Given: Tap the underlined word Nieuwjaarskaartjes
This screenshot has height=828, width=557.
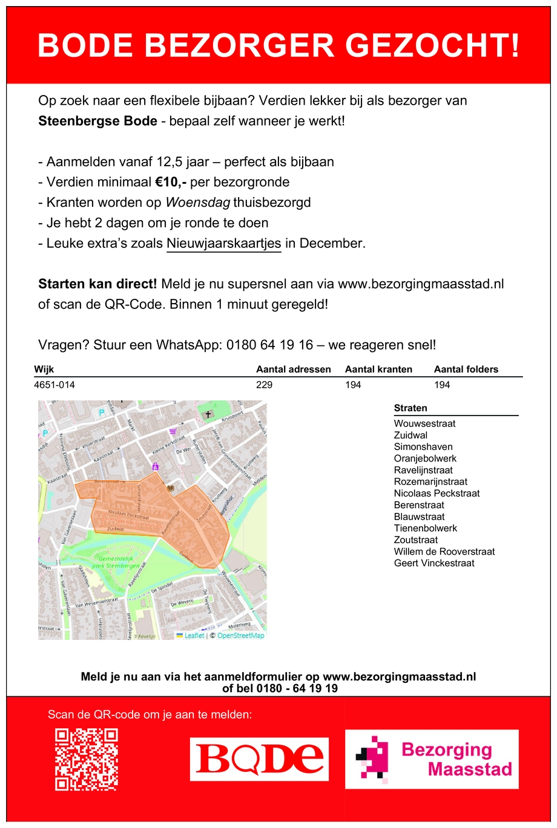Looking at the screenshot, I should [223, 243].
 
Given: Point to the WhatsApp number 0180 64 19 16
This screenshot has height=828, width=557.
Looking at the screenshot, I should [269, 345].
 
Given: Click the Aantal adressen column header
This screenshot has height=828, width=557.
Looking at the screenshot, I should [293, 370].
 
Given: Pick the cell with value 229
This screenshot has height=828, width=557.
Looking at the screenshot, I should [264, 385].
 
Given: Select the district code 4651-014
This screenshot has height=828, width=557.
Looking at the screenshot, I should [54, 385].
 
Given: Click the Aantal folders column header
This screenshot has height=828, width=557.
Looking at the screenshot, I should [466, 370].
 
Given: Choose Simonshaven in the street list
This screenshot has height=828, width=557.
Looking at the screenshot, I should [423, 447].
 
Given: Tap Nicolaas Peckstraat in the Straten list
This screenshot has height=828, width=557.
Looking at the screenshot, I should [436, 494].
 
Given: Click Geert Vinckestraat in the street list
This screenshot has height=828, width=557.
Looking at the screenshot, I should [433, 563].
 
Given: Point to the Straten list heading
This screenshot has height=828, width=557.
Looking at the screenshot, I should [410, 408].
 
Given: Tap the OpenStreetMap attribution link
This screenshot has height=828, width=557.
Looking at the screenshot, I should [240, 636].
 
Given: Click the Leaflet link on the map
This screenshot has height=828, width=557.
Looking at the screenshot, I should [194, 636].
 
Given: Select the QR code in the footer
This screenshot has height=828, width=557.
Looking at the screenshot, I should [87, 760].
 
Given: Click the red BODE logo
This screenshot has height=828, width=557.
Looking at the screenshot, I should [259, 759].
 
